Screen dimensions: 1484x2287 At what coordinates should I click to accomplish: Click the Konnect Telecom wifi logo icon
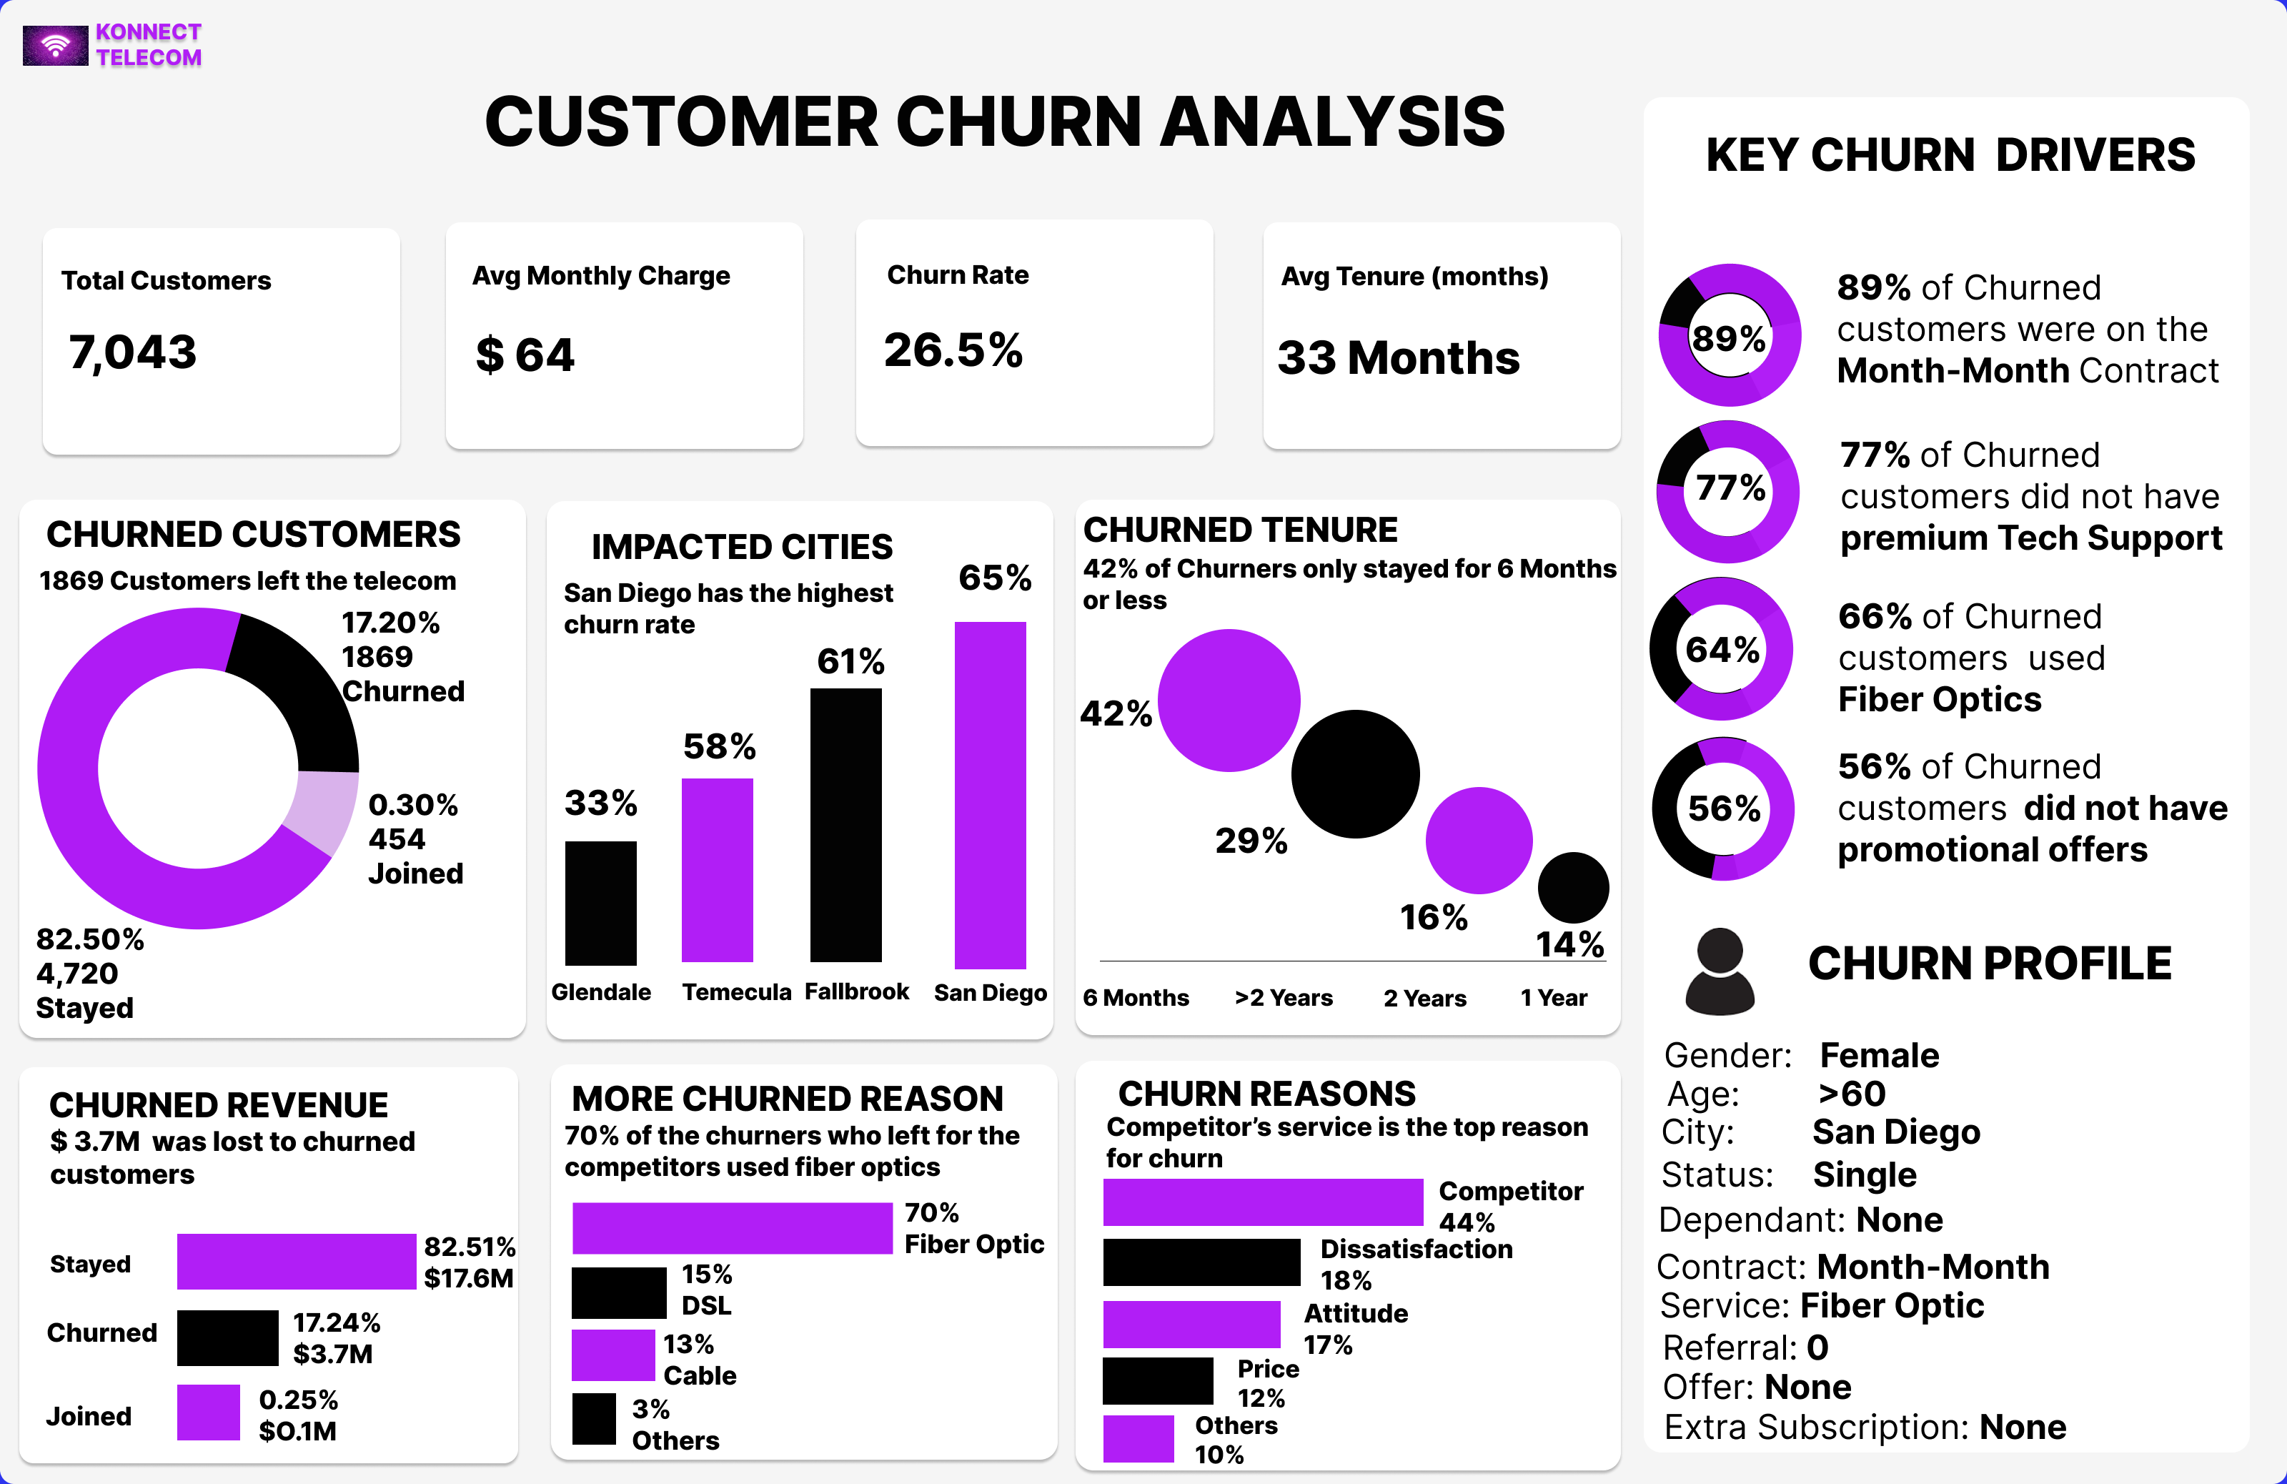tap(56, 45)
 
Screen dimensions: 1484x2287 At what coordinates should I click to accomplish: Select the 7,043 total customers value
tap(133, 352)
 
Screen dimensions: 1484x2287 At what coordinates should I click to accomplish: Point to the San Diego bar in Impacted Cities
tap(990, 795)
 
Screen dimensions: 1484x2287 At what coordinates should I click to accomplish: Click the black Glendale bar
tap(600, 903)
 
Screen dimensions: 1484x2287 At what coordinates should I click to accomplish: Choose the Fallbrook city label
tap(856, 992)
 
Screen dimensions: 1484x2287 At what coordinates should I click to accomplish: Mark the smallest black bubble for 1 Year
tap(1572, 887)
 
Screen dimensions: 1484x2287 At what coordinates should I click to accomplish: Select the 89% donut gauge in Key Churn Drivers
tap(1729, 335)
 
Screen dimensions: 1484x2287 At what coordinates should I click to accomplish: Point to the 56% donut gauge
tap(1723, 808)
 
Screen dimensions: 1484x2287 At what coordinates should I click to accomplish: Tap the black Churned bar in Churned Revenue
tap(227, 1338)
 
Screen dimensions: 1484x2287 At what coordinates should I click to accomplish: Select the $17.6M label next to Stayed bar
tap(468, 1278)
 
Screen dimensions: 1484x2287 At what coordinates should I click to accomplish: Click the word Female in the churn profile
tap(1879, 1055)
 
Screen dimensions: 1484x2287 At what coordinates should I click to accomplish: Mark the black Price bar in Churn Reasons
tap(1158, 1381)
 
